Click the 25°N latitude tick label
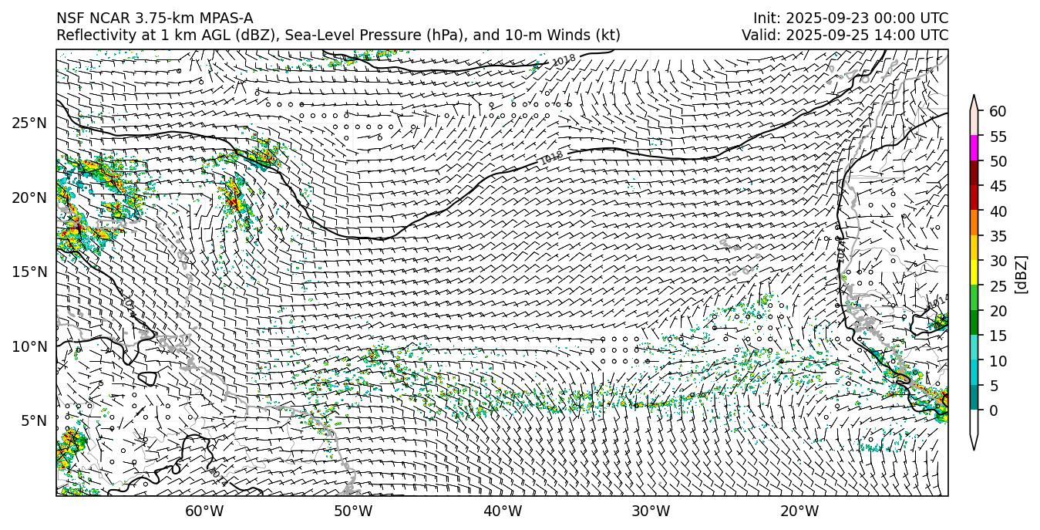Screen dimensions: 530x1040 tap(29, 123)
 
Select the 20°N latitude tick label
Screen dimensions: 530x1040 tap(29, 197)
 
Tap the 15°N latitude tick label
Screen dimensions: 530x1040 tap(29, 272)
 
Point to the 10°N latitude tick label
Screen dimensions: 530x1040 tap(29, 346)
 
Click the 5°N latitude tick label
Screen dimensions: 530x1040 tap(32, 420)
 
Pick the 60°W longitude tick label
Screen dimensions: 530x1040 tap(204, 511)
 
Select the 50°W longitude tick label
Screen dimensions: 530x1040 tap(353, 511)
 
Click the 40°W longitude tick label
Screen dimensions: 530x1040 tap(503, 511)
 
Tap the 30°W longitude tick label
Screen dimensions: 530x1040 tap(651, 511)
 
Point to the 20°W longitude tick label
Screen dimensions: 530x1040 tap(799, 511)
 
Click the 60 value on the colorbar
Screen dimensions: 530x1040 tap(998, 111)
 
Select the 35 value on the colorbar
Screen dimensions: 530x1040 tap(998, 236)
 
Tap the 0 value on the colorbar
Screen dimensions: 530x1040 tap(994, 410)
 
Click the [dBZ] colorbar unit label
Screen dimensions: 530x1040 tap(1021, 273)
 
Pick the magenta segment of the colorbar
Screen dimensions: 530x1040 tap(974, 148)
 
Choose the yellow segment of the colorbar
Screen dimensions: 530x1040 tap(974, 272)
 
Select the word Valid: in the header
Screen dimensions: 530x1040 tap(764, 35)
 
